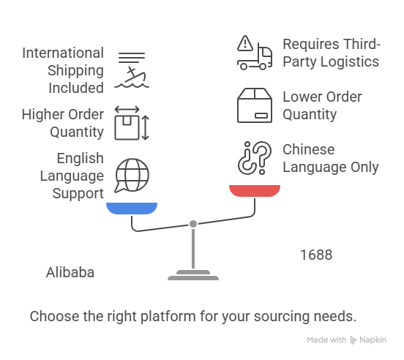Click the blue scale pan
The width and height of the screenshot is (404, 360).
132,208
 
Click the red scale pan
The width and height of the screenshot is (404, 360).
255,190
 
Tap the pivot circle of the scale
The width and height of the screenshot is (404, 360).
193,224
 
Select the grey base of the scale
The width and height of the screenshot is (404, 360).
193,275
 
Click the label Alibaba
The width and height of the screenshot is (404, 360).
70,272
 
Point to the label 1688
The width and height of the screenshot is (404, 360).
316,255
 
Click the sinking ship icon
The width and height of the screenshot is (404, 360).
132,70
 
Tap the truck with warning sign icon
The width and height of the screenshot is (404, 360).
255,53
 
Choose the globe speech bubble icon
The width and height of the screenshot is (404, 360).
132,176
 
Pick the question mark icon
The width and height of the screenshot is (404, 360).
255,158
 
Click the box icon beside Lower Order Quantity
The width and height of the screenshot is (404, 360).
255,105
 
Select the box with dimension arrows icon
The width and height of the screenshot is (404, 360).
132,123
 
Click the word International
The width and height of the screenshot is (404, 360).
63,53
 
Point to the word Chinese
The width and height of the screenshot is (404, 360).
309,149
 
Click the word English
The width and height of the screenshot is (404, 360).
81,159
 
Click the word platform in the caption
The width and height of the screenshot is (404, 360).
168,317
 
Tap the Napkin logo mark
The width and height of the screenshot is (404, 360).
353,340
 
